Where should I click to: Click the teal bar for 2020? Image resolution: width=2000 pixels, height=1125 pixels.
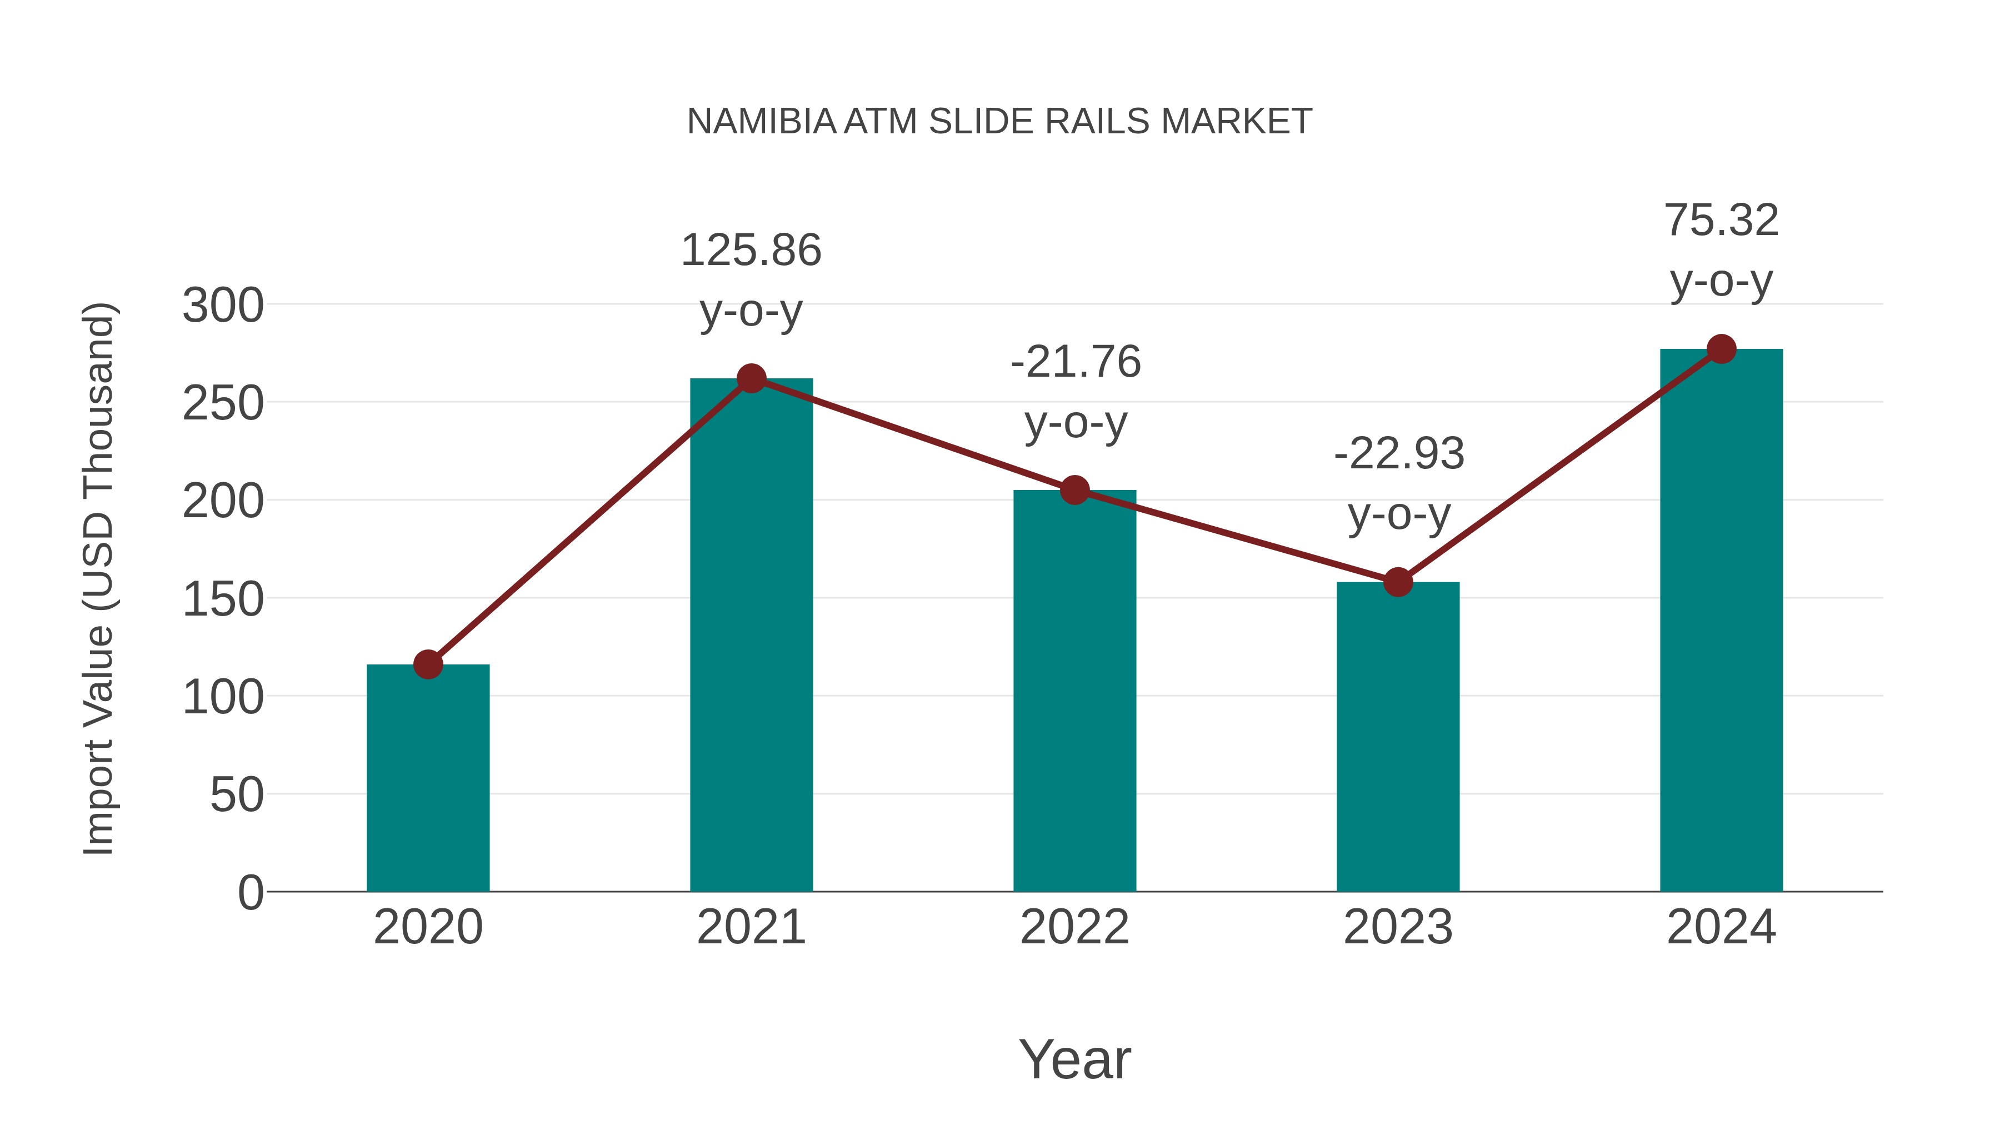(428, 777)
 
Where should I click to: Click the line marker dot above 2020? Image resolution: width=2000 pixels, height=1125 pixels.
(428, 664)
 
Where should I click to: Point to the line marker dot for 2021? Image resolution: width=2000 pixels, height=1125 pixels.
(751, 379)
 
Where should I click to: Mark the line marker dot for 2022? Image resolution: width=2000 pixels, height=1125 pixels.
(1074, 490)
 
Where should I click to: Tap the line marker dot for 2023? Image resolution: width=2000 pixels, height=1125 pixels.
(1398, 582)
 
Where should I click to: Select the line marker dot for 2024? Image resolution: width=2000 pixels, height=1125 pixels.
(1721, 349)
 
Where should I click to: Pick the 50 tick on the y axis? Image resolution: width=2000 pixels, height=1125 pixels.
(236, 795)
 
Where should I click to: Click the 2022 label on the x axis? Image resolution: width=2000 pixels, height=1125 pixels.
(1074, 927)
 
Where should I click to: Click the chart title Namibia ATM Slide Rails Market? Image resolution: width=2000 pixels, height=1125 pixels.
(999, 122)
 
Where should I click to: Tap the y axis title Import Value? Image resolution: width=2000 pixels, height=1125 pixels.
(99, 578)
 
